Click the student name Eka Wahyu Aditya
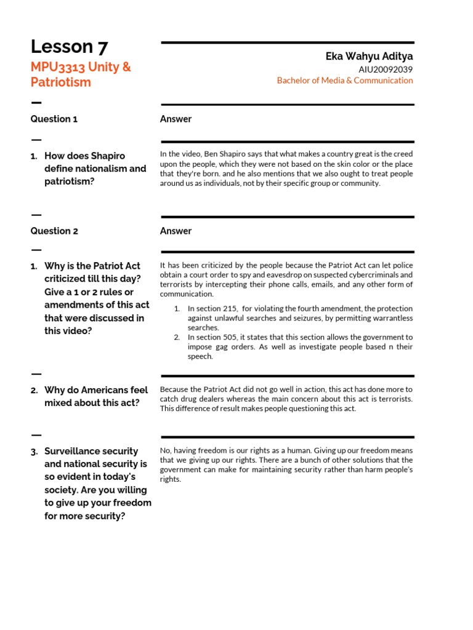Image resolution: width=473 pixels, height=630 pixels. tap(369, 57)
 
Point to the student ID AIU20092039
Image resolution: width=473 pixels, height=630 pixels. tap(386, 69)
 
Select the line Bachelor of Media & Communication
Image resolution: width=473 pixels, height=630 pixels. tap(345, 81)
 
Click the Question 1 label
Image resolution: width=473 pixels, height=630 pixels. tap(54, 119)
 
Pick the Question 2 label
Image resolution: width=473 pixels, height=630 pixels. tap(54, 231)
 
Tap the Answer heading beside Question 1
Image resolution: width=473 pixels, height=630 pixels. tap(176, 119)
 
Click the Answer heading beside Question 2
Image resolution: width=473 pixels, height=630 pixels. tap(176, 231)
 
